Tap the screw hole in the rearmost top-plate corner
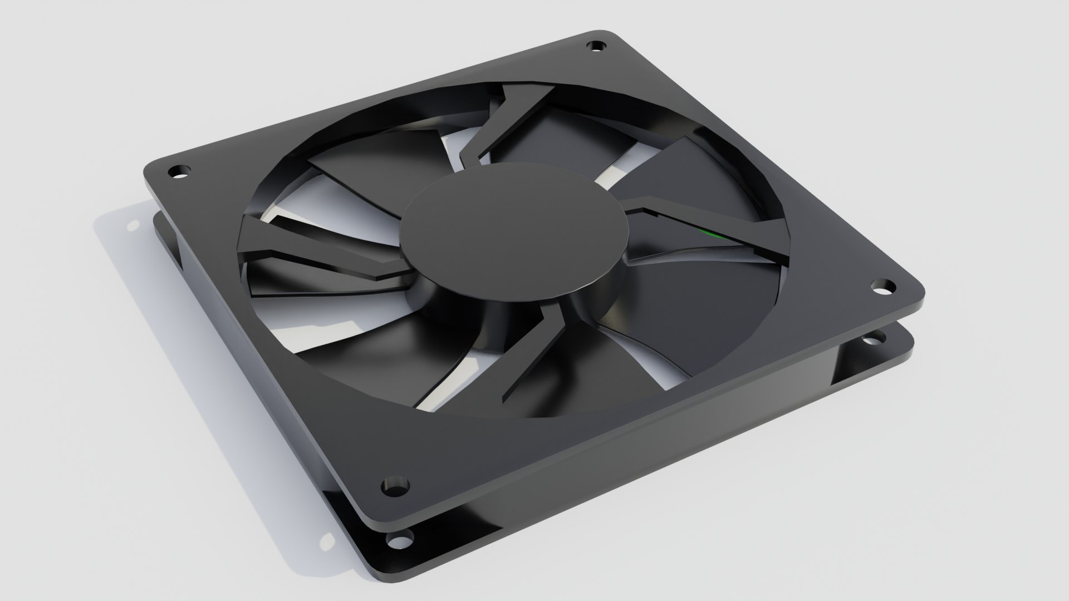tap(596, 45)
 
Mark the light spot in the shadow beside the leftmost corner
tap(133, 225)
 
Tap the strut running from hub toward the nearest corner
tap(534, 356)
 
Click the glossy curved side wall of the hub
tap(490, 300)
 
